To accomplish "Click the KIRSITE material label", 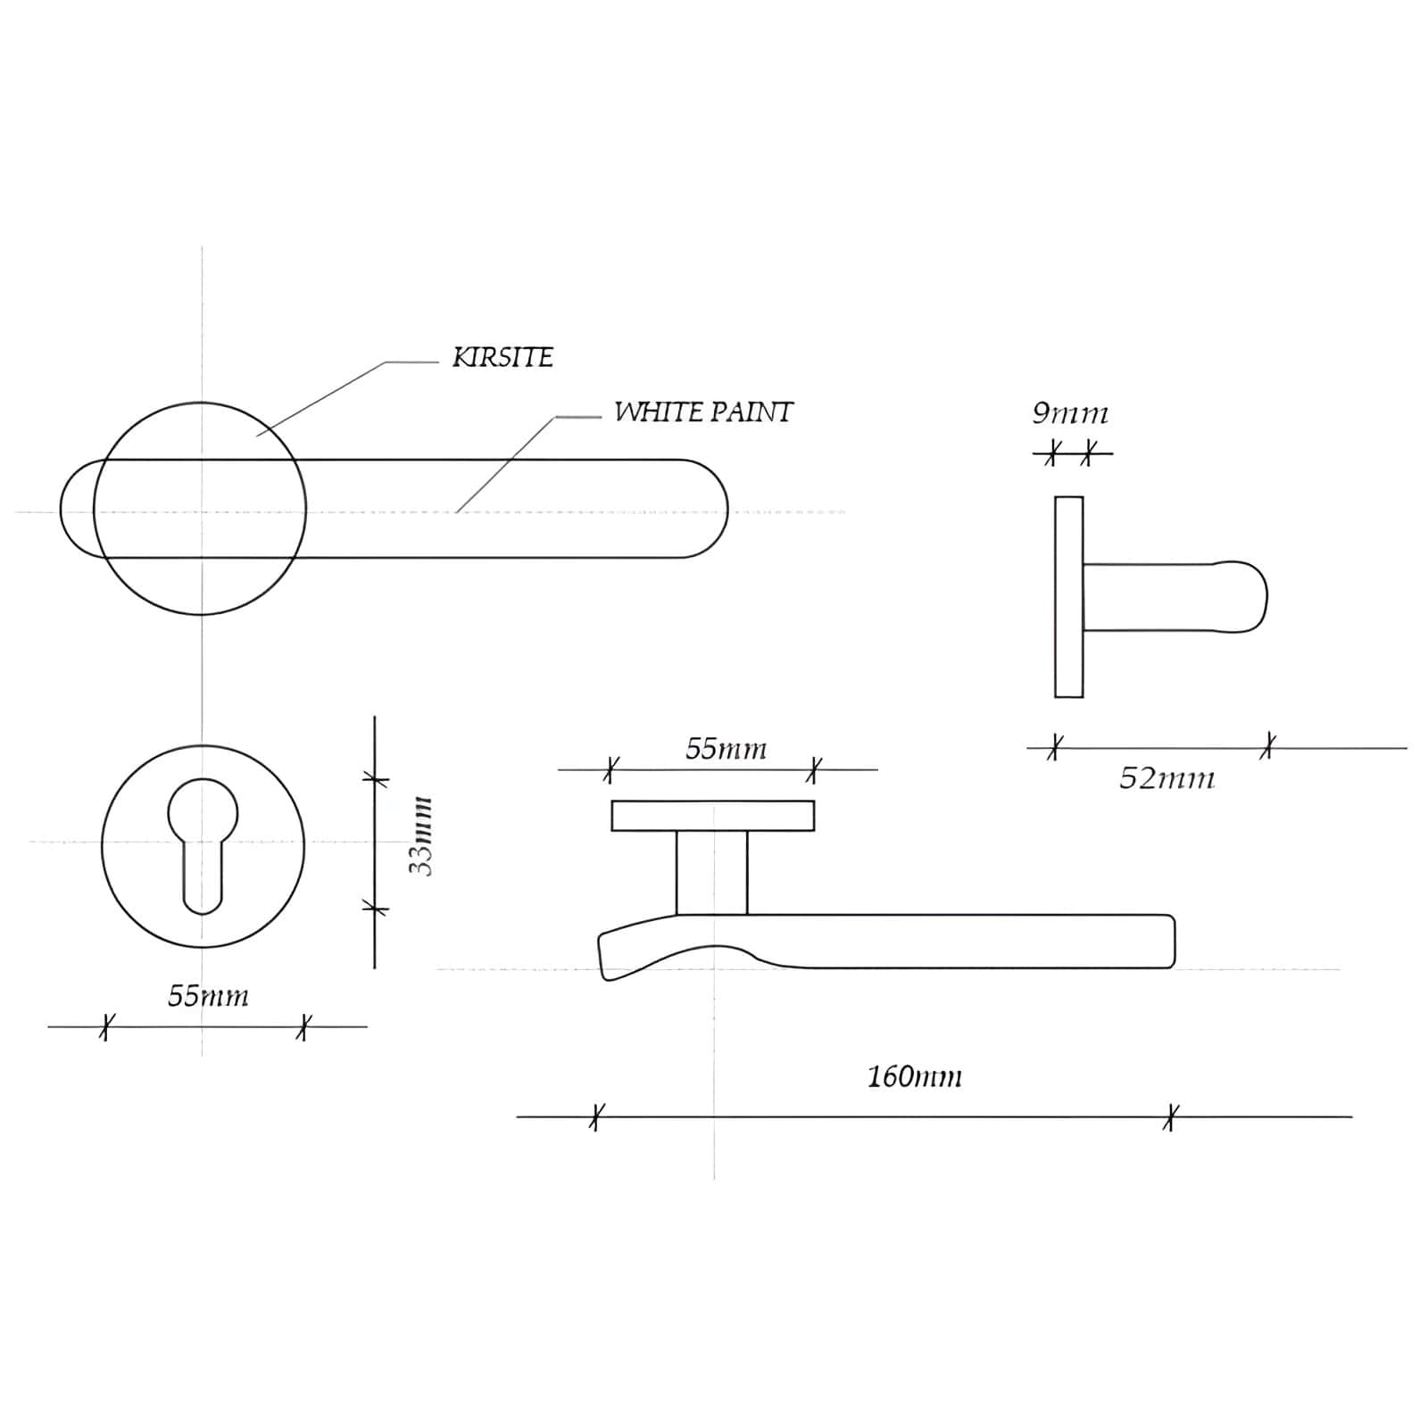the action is tap(503, 357).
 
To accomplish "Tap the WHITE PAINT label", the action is tap(703, 411).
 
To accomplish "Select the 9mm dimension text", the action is tap(1070, 413).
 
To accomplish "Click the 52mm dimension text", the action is tap(1166, 778).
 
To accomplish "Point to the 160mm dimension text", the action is tap(915, 1076).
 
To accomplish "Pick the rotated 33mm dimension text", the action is tap(420, 836).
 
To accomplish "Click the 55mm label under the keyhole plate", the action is tap(208, 995).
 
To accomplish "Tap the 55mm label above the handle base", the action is tap(726, 748).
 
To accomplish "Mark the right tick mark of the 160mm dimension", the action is tap(1171, 1117).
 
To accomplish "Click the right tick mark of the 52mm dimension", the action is tap(1268, 746).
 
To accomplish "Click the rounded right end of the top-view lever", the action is tap(710, 509).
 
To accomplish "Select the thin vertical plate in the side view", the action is tap(1069, 596).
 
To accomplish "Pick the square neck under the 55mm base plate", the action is tap(711, 872).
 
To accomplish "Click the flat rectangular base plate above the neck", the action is tap(713, 816).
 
